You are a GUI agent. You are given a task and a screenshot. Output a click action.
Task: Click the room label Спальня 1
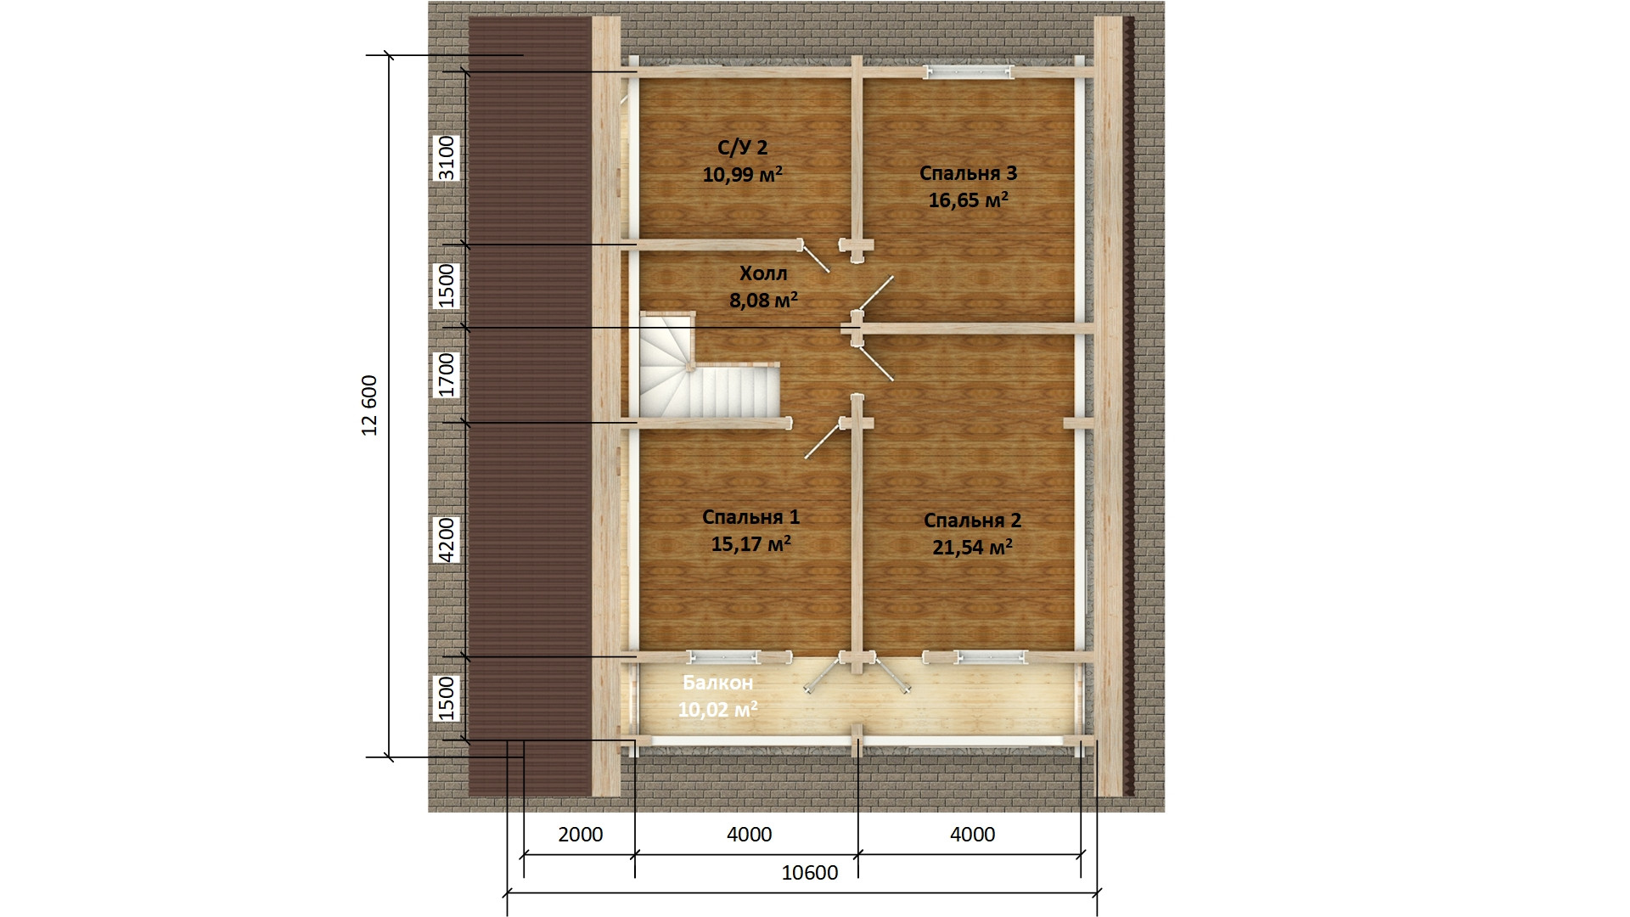750,517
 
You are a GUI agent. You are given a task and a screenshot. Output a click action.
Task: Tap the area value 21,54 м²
972,548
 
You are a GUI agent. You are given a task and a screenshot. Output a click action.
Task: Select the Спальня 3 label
968,173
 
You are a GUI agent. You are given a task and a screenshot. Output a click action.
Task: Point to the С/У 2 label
743,148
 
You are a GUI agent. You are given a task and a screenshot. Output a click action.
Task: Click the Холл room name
763,273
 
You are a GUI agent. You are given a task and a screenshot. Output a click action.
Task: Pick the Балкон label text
717,683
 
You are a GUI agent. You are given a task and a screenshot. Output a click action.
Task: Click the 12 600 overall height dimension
369,405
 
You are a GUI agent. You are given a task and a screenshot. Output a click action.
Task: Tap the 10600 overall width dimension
809,873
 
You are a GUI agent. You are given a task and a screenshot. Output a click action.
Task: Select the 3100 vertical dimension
447,158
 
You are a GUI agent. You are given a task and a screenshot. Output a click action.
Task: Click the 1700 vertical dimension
447,375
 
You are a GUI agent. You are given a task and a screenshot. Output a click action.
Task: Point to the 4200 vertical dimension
447,539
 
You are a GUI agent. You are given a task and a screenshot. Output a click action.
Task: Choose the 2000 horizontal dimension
581,835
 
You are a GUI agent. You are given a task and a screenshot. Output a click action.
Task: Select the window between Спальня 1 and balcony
724,657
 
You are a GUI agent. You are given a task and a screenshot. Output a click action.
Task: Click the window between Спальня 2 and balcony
991,657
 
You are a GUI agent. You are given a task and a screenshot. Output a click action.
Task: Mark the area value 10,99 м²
743,175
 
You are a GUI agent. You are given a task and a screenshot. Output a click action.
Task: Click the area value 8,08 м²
763,301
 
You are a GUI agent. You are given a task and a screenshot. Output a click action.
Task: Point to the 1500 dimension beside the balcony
447,698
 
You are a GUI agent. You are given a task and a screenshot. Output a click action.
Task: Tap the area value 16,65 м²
968,200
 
